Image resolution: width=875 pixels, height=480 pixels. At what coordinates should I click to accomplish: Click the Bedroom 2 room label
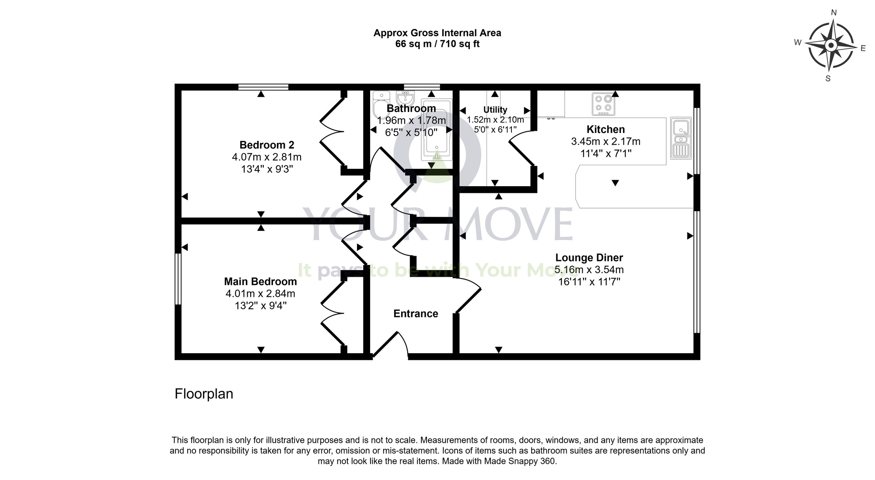[266, 145]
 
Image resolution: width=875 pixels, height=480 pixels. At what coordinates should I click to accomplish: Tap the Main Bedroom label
[260, 282]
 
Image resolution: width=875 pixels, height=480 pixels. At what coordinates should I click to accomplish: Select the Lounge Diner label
[589, 257]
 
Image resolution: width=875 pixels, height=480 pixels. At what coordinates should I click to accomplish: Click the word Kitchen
[605, 129]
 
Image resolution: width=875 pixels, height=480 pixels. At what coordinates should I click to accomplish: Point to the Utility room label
[495, 110]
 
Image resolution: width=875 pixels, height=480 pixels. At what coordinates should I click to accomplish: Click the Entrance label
[416, 313]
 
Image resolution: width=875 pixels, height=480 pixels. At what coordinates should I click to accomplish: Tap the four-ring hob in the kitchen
[603, 104]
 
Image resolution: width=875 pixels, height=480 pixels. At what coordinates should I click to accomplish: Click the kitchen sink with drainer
[681, 138]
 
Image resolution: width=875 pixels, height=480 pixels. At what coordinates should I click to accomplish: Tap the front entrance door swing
[392, 345]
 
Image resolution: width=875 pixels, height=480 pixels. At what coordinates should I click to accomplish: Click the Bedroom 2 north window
[263, 87]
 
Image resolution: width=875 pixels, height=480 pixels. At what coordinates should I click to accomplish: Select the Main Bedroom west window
[178, 278]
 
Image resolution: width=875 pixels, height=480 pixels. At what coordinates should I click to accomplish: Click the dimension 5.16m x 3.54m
[589, 270]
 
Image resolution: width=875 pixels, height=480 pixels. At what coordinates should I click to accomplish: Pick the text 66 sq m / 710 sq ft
[437, 44]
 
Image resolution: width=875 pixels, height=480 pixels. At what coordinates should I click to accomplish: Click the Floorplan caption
[204, 394]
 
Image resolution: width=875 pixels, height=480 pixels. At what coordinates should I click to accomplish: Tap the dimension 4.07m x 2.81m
[266, 157]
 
